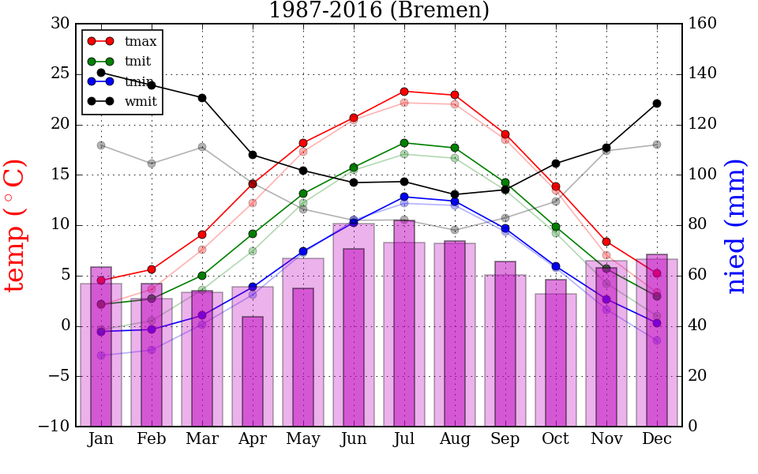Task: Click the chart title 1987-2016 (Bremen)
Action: tap(379, 10)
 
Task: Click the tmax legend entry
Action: tap(141, 41)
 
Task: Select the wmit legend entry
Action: tap(141, 101)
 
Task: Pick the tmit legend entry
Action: tap(137, 61)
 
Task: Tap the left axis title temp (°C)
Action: tap(16, 225)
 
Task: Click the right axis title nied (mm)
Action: tap(736, 225)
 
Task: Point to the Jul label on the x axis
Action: tap(404, 439)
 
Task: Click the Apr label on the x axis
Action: tap(253, 439)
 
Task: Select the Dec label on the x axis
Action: tap(657, 439)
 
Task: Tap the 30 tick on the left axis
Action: tap(60, 24)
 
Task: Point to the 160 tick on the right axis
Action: tap(703, 24)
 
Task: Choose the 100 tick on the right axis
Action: tap(703, 175)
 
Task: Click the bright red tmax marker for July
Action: tap(404, 92)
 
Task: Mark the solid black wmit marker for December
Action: tap(657, 103)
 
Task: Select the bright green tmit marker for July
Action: tap(404, 143)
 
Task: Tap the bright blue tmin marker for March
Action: tap(202, 315)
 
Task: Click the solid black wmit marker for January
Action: tap(101, 73)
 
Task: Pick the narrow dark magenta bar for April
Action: tap(253, 371)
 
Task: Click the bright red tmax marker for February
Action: tap(152, 269)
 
